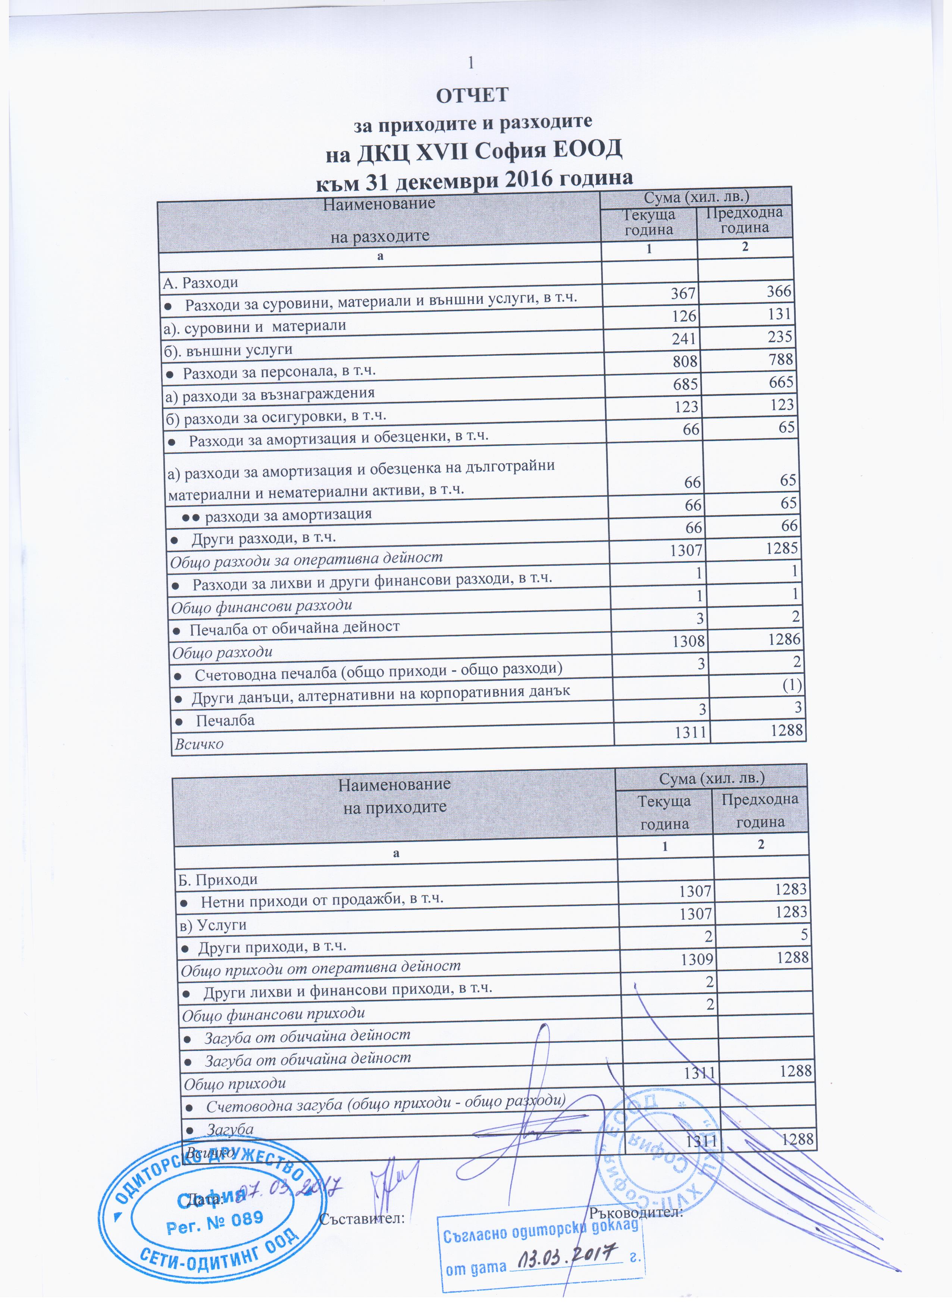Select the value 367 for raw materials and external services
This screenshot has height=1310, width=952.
click(x=683, y=293)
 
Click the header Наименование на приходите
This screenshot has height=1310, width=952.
click(x=394, y=795)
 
